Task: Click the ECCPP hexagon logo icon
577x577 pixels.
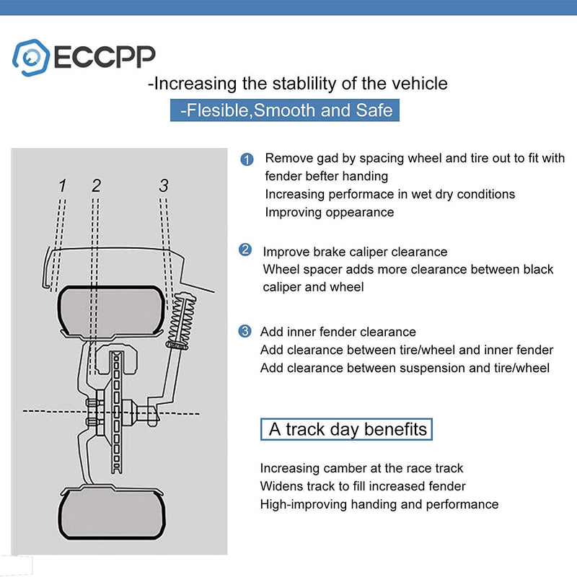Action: (30, 56)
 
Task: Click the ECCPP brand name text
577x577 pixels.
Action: (102, 56)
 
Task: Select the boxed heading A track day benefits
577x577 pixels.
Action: (347, 430)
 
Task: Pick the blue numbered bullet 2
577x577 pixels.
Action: (245, 250)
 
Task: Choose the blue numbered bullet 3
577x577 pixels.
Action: (245, 331)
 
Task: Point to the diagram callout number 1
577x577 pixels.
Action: (63, 186)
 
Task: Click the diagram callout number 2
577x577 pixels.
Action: (96, 186)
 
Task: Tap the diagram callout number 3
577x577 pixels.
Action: (164, 186)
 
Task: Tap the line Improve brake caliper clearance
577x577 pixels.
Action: (355, 252)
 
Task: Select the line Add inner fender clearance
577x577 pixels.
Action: (338, 332)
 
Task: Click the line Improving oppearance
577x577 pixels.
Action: (330, 212)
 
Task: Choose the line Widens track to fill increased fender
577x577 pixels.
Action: (363, 486)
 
